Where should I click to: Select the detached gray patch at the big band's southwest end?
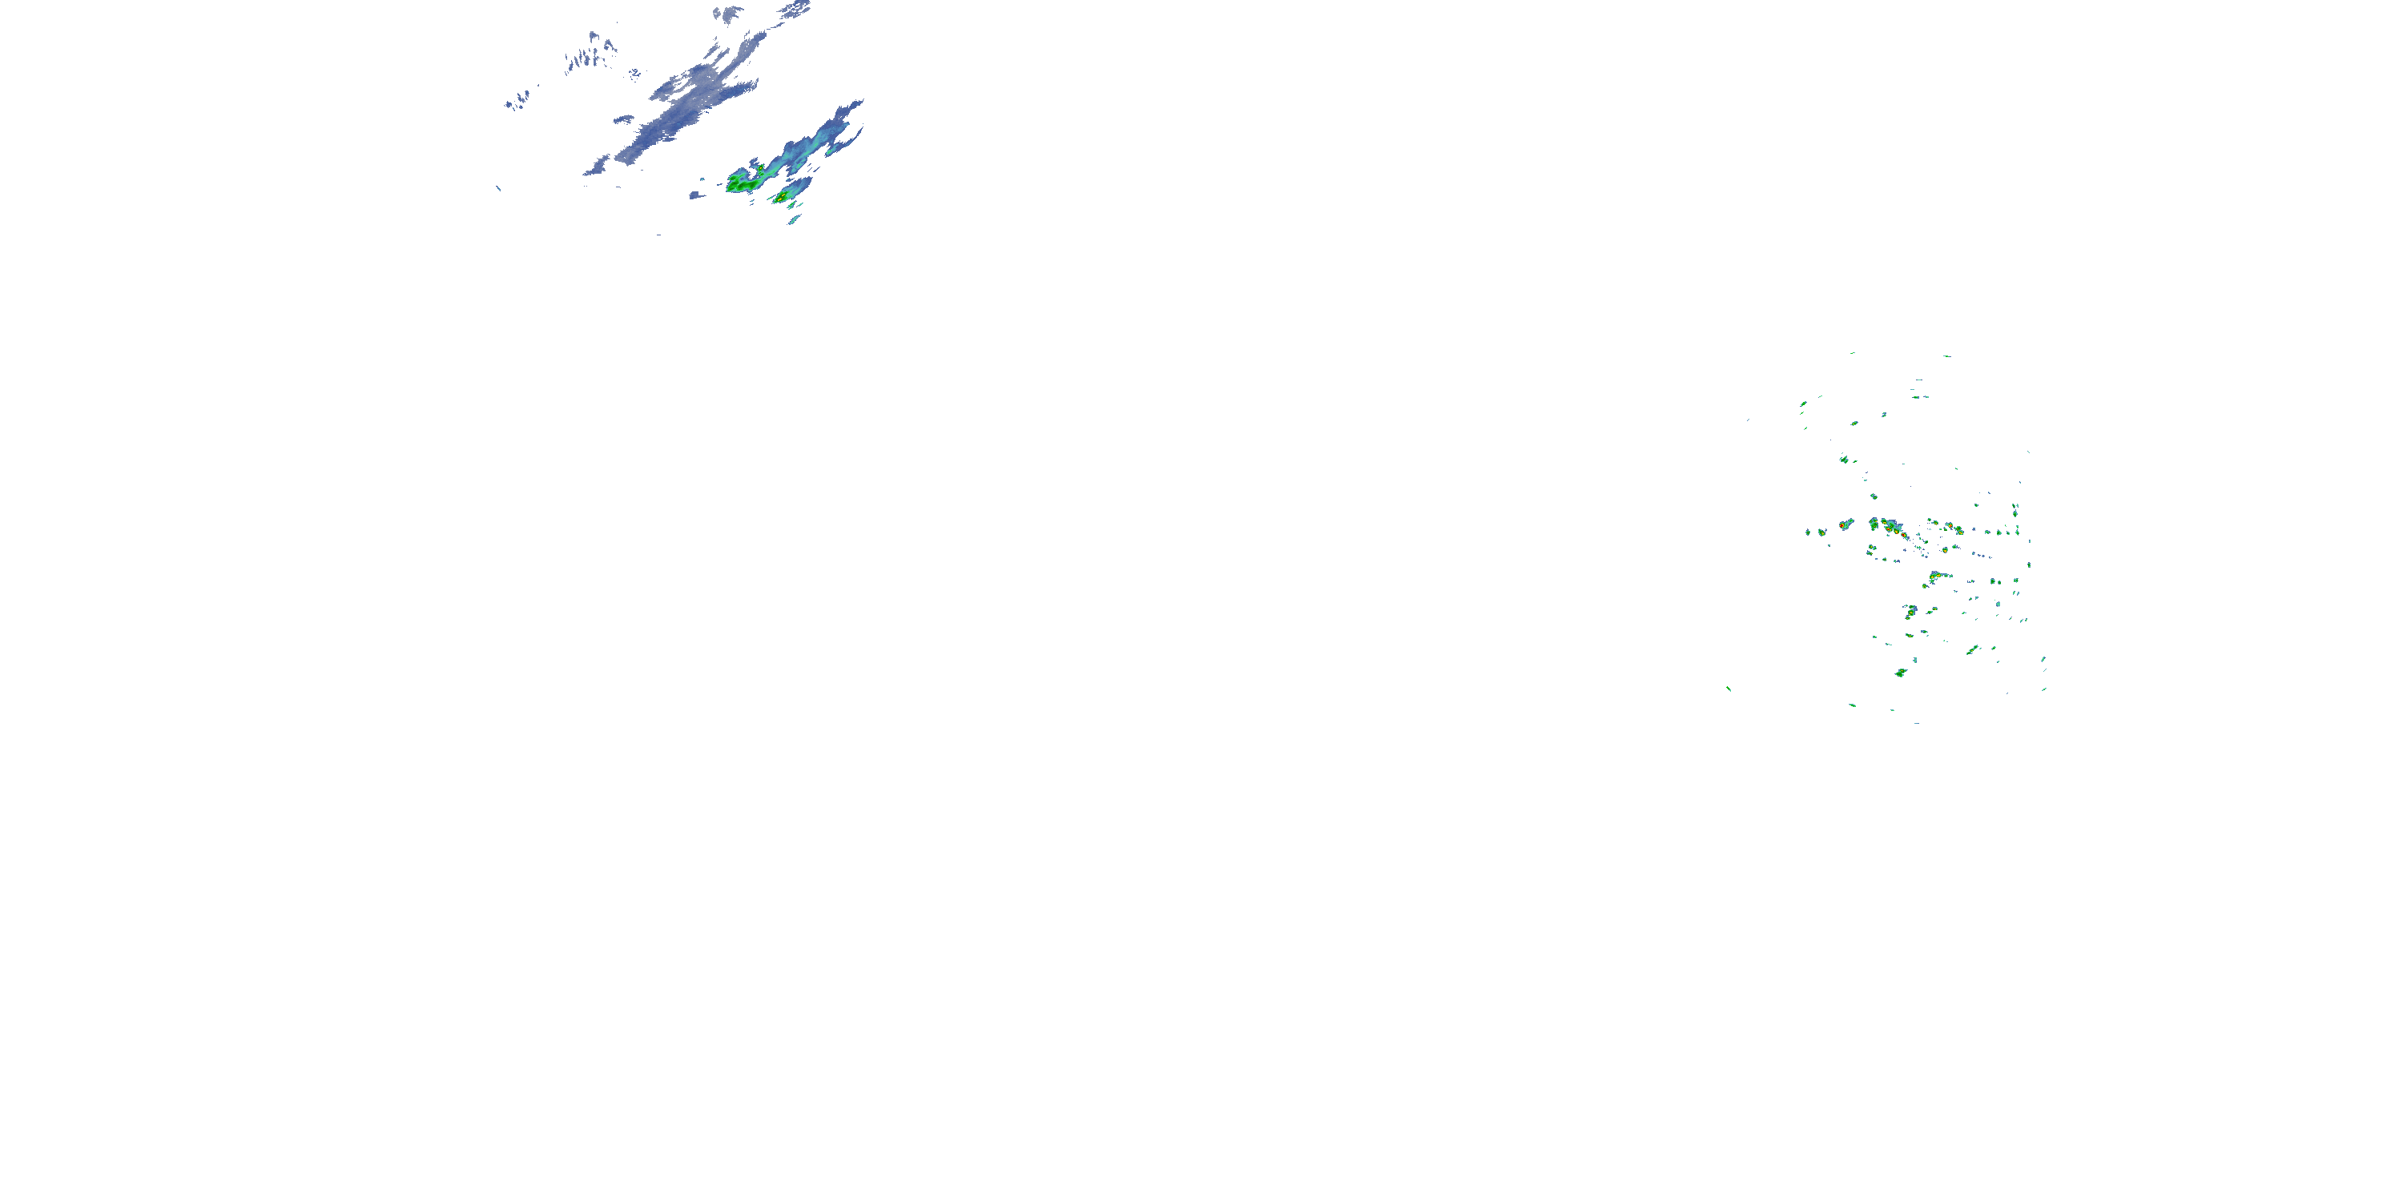tap(597, 168)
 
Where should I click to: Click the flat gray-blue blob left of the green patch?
tap(696, 195)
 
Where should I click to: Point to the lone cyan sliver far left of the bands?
tap(498, 189)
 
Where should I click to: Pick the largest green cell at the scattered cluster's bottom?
tap(1901, 673)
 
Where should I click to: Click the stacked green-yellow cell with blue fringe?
tap(1910, 612)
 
